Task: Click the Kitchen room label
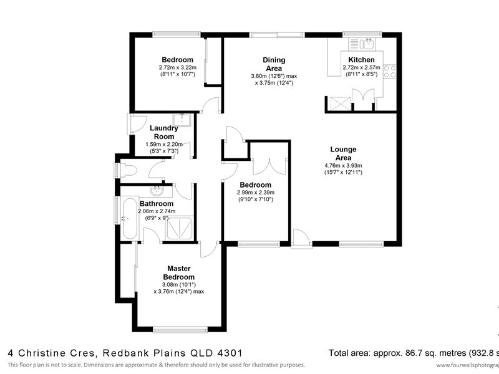(x=361, y=60)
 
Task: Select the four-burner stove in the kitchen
(x=391, y=70)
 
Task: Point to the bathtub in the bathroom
(x=130, y=218)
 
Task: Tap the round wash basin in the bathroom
(x=156, y=189)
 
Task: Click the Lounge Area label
(x=343, y=153)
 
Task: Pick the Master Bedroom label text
(x=179, y=272)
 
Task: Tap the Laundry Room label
(x=165, y=132)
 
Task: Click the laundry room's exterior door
(x=132, y=122)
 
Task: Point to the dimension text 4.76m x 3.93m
(x=343, y=166)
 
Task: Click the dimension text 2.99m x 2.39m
(x=256, y=193)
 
